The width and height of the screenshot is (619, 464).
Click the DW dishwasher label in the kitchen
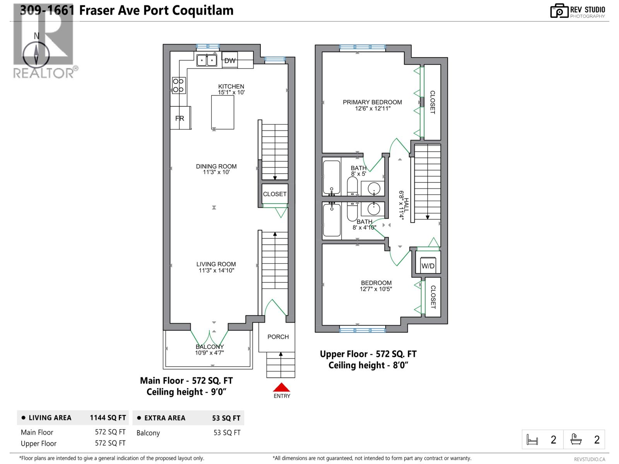[x=230, y=60]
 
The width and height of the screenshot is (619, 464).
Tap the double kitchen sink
[x=207, y=61]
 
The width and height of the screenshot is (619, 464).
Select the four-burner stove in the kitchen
[x=178, y=85]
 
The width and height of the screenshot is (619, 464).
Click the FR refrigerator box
[x=180, y=118]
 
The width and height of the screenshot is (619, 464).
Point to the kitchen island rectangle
[x=222, y=112]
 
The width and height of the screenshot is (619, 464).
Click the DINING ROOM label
[x=216, y=166]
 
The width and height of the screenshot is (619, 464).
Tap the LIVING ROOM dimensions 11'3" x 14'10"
[x=216, y=271]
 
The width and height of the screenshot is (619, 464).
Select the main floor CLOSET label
[x=275, y=194]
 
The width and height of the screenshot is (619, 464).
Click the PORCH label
[x=278, y=337]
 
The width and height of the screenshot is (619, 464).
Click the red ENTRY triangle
[x=282, y=387]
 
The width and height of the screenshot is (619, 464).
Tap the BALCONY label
[x=209, y=347]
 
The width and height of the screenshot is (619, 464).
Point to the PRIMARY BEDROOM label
[x=372, y=102]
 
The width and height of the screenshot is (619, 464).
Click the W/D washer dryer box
[x=428, y=266]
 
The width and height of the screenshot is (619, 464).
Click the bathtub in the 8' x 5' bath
[x=332, y=177]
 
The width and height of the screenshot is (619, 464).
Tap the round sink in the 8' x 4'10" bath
[x=374, y=209]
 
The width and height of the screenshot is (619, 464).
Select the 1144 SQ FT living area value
[x=108, y=418]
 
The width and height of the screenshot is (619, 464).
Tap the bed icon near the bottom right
[x=532, y=440]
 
